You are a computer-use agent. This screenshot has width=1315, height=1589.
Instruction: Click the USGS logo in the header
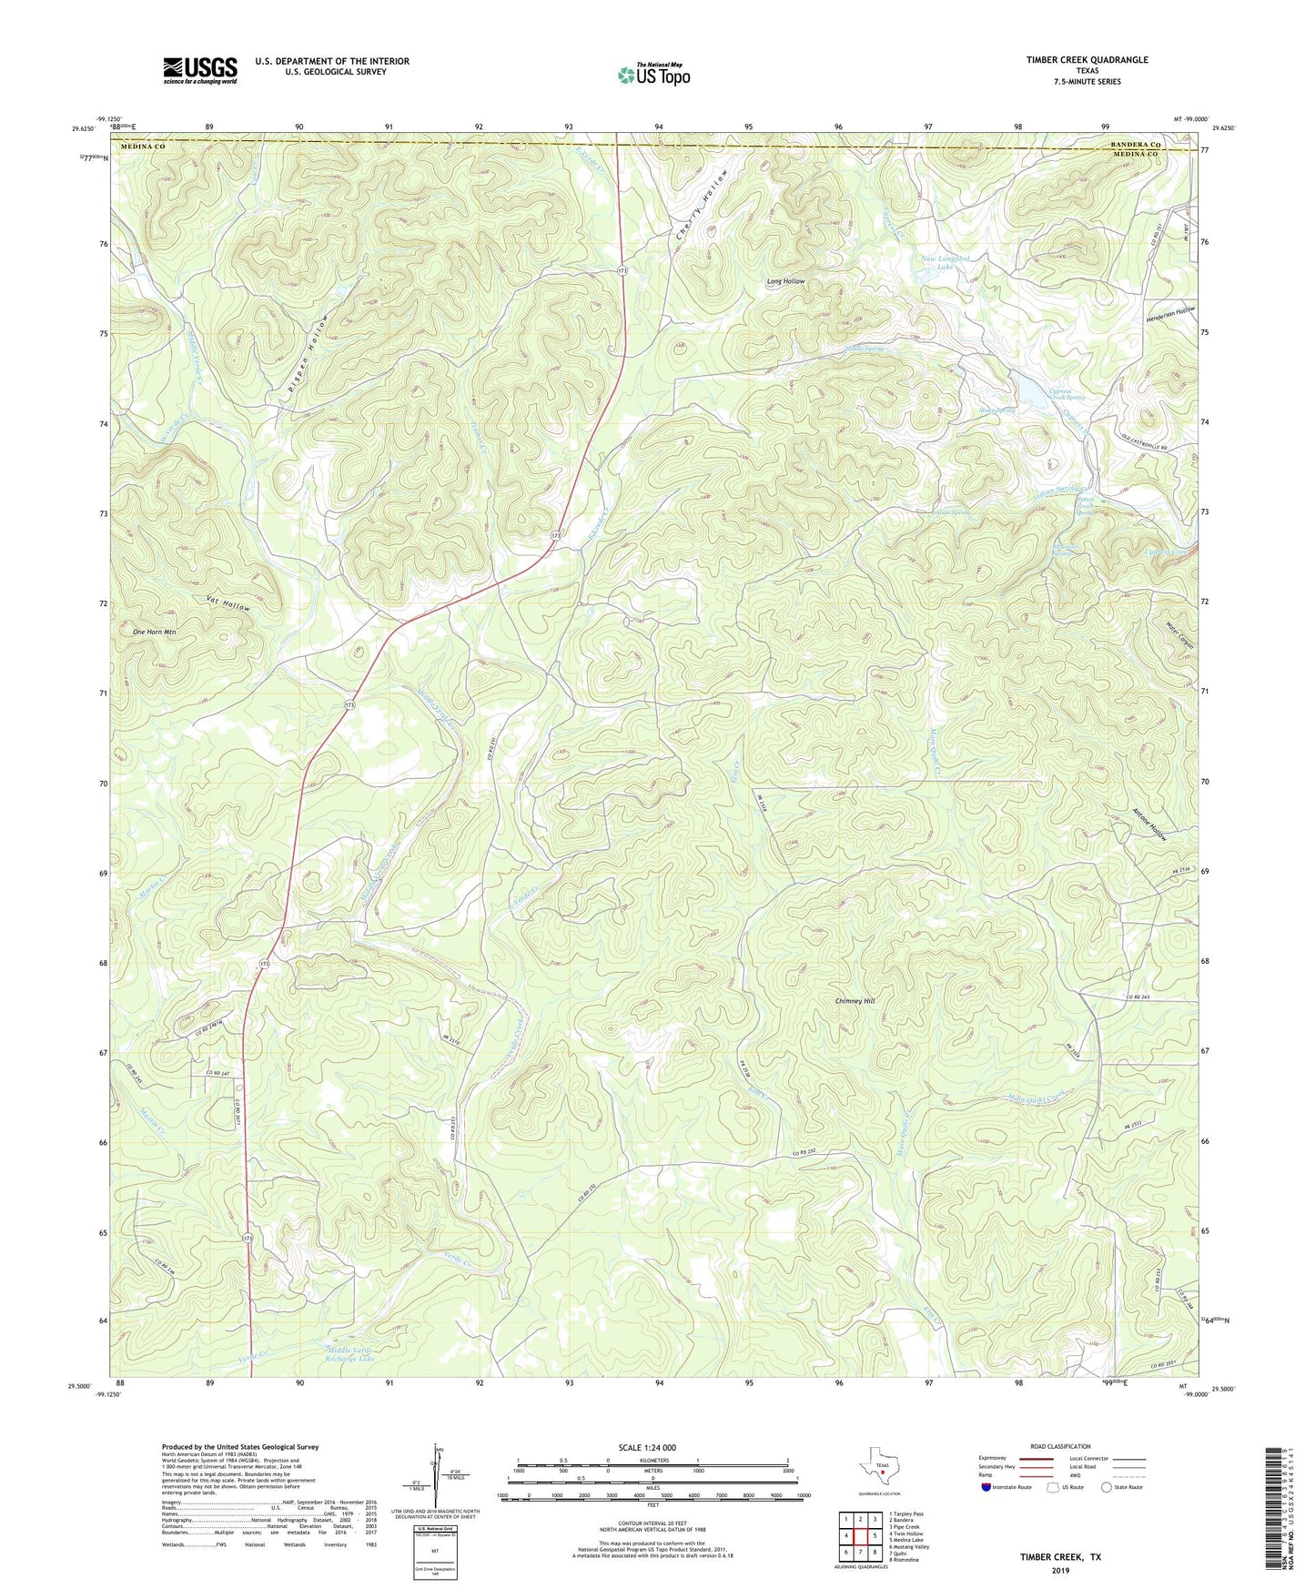click(200, 70)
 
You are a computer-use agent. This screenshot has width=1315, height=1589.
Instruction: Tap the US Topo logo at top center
click(652, 75)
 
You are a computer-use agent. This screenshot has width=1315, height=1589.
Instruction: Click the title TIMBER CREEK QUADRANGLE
click(1087, 60)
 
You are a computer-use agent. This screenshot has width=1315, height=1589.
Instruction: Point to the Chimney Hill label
click(855, 1001)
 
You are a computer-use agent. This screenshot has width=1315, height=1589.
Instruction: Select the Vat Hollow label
click(228, 603)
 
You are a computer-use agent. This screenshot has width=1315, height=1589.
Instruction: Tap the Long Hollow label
click(785, 282)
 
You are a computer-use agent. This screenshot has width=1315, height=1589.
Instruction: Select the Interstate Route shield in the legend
click(988, 1488)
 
